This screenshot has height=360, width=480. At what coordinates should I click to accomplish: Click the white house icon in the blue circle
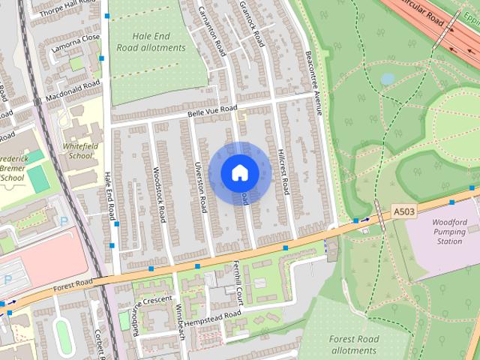[x=239, y=172]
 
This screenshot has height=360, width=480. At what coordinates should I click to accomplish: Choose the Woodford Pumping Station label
[x=450, y=232]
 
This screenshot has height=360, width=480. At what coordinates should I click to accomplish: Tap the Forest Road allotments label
[x=352, y=344]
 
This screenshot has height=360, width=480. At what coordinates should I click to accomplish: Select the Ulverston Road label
[x=200, y=187]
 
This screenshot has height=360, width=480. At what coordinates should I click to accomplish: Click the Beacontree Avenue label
[x=313, y=83]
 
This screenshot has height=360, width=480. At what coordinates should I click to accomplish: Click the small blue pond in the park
[x=387, y=78]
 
